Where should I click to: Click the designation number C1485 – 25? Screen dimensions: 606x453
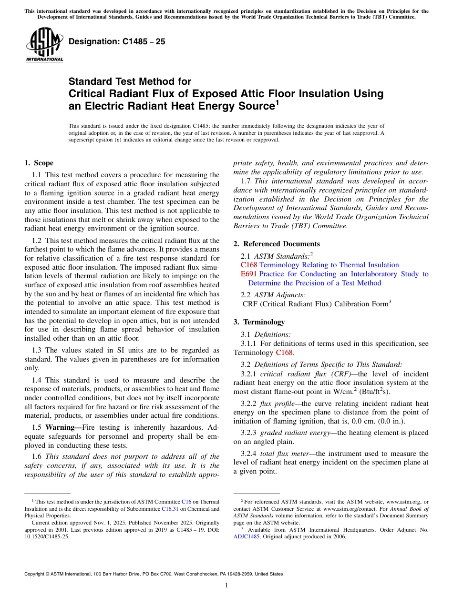click(117, 41)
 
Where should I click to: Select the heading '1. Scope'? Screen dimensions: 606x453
click(39, 163)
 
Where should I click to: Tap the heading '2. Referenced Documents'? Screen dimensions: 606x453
click(277, 244)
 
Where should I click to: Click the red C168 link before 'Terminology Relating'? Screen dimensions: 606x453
click(249, 265)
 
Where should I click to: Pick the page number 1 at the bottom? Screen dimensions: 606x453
click(226, 585)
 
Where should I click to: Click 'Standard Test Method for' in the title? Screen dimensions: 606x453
click(130, 82)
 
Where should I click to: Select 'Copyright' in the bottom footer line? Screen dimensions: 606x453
click(36, 574)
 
